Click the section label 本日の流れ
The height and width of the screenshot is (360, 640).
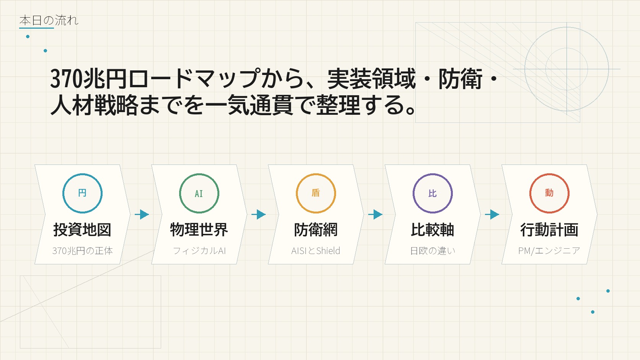(x=49, y=20)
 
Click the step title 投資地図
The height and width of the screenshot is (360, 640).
(x=82, y=230)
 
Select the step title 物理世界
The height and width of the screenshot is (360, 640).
(x=199, y=230)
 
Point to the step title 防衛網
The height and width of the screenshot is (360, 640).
(x=316, y=230)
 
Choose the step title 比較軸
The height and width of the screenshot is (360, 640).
(x=433, y=230)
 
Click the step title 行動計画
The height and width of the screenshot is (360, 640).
(x=549, y=230)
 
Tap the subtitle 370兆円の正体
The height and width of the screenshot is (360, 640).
(x=82, y=251)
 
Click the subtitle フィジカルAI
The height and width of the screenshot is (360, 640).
(x=199, y=251)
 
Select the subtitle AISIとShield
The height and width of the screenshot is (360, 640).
(x=316, y=251)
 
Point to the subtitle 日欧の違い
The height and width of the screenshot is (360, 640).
(x=433, y=251)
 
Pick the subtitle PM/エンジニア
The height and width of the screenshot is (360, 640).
(x=549, y=251)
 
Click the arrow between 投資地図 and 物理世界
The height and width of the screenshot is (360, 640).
(x=142, y=214)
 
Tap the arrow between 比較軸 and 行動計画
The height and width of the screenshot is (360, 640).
(x=492, y=214)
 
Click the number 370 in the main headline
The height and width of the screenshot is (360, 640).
(x=66, y=78)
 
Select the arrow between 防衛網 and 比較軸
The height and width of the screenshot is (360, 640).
(x=375, y=214)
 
